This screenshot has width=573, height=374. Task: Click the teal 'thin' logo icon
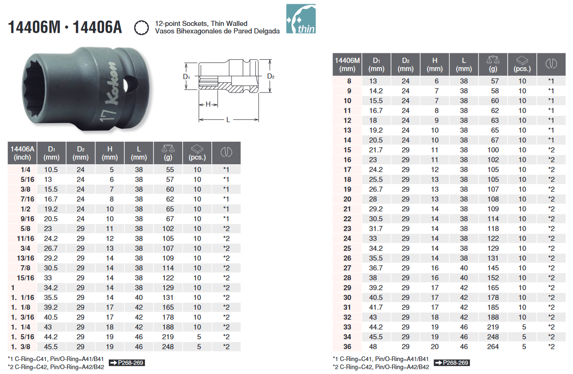click(x=301, y=19)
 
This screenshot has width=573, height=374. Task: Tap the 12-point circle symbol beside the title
click(x=141, y=28)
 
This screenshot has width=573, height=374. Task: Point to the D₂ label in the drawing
click(x=271, y=76)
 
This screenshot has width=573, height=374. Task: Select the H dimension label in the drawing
click(x=208, y=104)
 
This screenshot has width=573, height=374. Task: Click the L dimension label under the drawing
click(x=228, y=119)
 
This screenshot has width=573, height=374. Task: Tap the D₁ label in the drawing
click(x=187, y=76)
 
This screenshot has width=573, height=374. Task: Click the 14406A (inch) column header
click(x=22, y=153)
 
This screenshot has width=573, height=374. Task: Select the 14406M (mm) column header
click(x=347, y=64)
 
